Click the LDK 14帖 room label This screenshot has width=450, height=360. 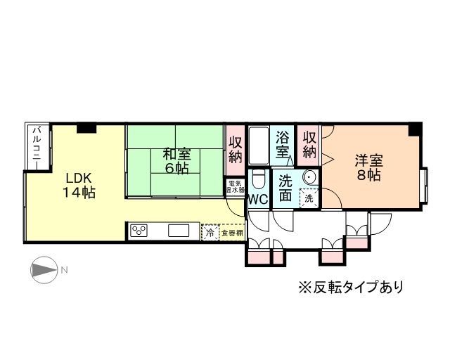[75, 184]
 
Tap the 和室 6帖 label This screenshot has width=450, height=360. [175, 160]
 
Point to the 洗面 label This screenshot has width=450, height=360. [285, 188]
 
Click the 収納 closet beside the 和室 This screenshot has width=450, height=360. [234, 150]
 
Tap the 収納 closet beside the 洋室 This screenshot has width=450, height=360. [308, 143]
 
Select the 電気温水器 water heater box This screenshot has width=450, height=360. [234, 187]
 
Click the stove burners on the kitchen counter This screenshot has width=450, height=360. [139, 231]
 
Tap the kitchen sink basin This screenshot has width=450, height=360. [178, 231]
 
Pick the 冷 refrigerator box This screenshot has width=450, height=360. [210, 231]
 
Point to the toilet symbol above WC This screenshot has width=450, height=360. [257, 179]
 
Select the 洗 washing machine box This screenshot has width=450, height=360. [308, 198]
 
